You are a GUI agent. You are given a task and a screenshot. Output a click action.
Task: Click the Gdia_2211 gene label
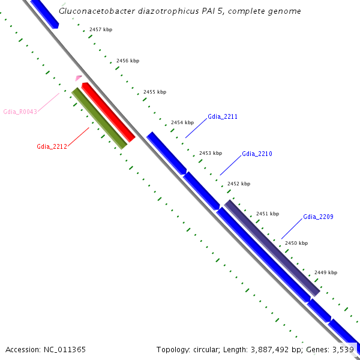223,116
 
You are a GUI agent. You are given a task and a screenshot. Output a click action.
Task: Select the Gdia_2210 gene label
257,154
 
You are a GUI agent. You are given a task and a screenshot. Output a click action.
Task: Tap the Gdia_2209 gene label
318,217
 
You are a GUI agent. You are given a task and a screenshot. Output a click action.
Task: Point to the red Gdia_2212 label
52,146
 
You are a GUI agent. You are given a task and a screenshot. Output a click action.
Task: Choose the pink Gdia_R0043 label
20,112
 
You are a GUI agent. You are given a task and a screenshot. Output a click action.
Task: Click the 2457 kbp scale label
100,29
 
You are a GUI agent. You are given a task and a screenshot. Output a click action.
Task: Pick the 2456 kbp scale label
127,61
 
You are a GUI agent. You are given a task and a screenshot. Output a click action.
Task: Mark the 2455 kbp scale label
155,92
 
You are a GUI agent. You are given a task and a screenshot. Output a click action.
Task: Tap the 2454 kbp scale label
182,122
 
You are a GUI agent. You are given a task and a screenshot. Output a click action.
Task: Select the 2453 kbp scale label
211,153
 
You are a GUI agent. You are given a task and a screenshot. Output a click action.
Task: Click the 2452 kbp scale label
239,184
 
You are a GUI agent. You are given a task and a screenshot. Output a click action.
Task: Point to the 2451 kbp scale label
268,214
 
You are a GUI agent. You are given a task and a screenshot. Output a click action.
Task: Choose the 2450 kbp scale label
296,243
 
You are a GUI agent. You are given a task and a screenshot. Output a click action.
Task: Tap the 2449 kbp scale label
326,272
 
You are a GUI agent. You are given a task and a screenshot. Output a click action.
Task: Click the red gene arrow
108,112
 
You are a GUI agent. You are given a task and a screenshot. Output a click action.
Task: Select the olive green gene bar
99,118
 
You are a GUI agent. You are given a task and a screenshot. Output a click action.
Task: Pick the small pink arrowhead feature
78,78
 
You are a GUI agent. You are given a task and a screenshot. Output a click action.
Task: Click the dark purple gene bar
271,248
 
